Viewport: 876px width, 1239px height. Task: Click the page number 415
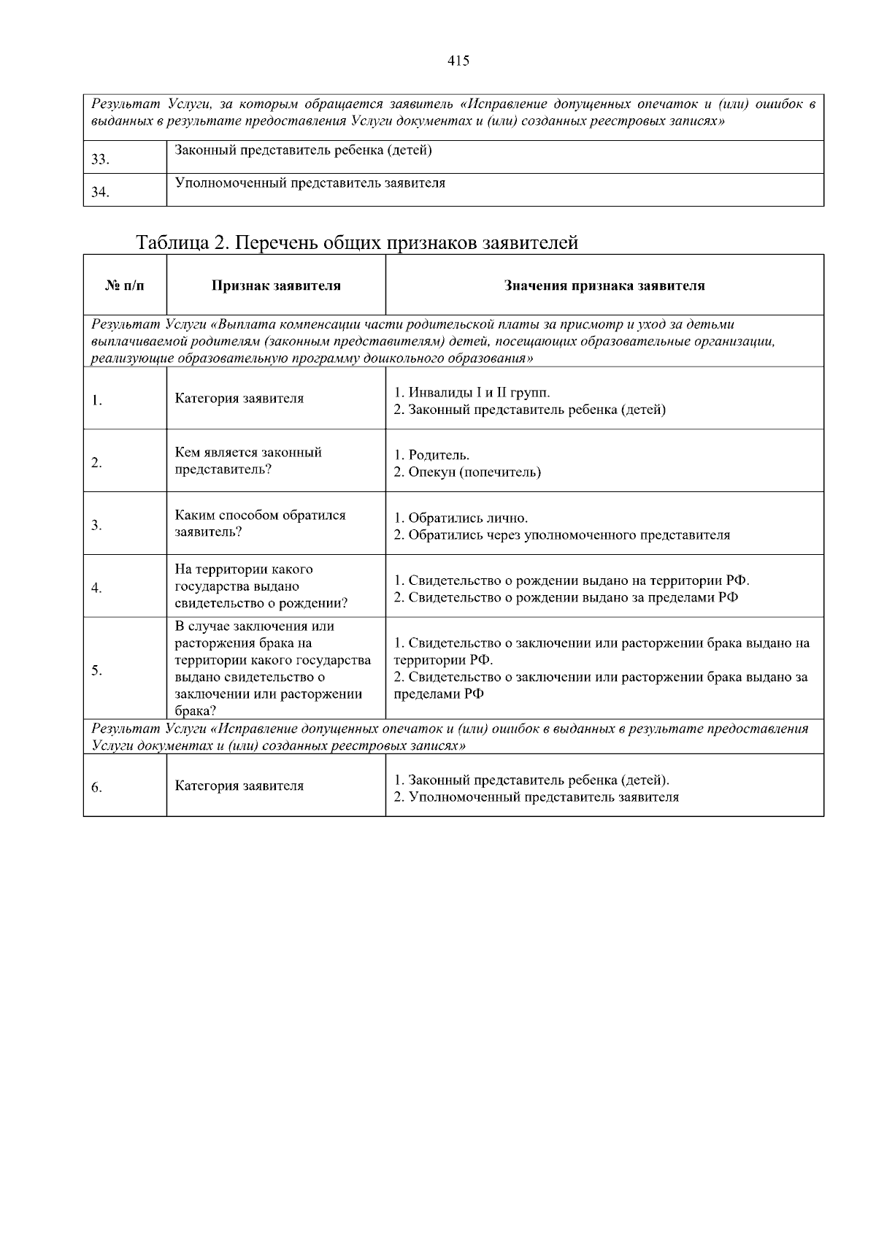click(x=458, y=61)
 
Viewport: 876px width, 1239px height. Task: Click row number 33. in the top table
click(x=100, y=160)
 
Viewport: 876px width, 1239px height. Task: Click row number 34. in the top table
click(x=100, y=193)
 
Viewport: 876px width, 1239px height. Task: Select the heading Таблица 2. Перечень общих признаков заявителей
click(x=357, y=242)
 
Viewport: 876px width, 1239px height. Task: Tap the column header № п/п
click(x=125, y=285)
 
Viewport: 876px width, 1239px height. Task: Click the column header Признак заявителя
click(x=276, y=285)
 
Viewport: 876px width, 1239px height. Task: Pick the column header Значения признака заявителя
click(x=604, y=285)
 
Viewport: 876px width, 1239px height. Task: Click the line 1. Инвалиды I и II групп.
click(x=472, y=393)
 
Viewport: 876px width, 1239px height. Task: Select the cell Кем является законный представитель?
click(x=248, y=461)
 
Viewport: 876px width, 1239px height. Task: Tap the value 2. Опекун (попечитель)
click(x=467, y=472)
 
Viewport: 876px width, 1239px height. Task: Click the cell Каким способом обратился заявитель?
click(x=260, y=523)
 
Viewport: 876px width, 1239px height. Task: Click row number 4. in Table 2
click(x=96, y=588)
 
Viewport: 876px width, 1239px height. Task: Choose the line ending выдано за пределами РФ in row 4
click(x=566, y=597)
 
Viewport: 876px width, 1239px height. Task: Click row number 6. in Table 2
click(x=96, y=787)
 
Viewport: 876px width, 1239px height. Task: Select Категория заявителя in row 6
click(x=239, y=786)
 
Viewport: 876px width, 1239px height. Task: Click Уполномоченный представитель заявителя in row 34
click(x=310, y=183)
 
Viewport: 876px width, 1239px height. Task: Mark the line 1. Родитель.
click(x=431, y=456)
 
